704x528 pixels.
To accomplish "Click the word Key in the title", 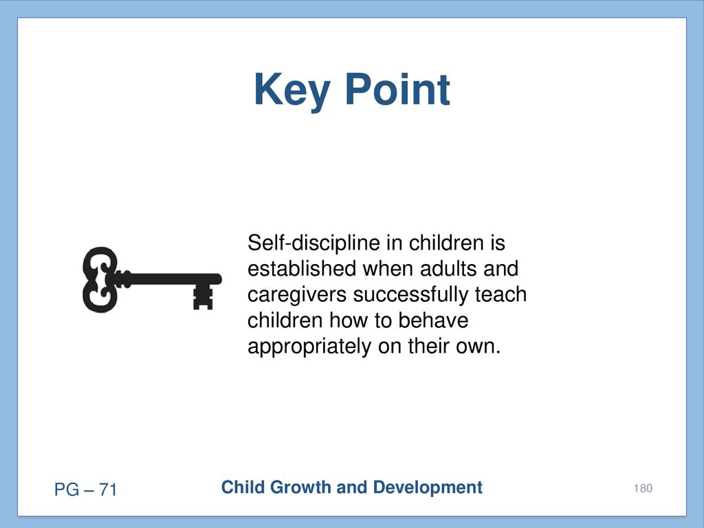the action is (x=291, y=91).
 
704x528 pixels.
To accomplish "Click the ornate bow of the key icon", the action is (x=100, y=279).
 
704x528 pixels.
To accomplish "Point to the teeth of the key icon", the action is (x=203, y=298).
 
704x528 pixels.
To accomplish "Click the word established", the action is (x=302, y=269).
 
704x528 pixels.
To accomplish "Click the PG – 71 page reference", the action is (x=85, y=489).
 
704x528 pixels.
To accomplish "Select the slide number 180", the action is (x=643, y=489).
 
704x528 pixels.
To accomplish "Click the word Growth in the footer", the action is (x=300, y=487).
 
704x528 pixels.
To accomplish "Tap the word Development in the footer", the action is (x=428, y=487).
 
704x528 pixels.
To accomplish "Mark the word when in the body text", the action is (x=388, y=269).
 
